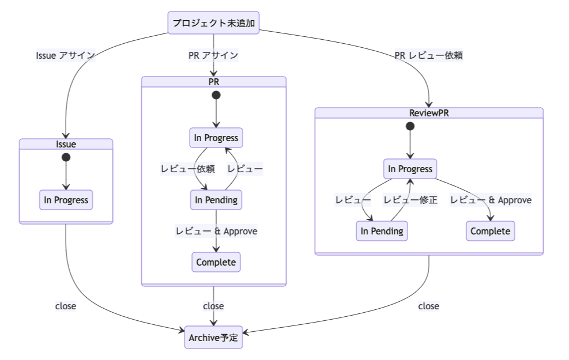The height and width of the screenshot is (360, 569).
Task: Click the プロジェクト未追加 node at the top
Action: tap(213, 23)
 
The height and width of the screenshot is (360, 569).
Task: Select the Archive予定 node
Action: tap(213, 338)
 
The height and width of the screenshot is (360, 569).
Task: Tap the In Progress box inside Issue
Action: tap(66, 200)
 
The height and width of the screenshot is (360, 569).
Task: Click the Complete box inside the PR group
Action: tap(216, 262)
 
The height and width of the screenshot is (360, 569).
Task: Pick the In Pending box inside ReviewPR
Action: tap(382, 231)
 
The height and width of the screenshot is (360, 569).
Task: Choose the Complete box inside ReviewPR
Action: tap(490, 231)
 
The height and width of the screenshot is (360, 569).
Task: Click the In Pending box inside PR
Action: tap(216, 200)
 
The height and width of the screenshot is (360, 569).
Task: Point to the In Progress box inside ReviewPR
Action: tap(410, 169)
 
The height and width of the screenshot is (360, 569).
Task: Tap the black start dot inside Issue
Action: tap(66, 157)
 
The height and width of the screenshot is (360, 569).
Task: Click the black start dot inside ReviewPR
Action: tap(410, 126)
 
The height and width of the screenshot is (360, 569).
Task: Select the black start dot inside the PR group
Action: tap(216, 95)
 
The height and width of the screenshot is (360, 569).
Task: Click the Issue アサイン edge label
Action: tap(65, 55)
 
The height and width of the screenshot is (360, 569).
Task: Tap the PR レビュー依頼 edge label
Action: tap(428, 55)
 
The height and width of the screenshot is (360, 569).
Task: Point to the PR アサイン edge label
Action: tap(213, 55)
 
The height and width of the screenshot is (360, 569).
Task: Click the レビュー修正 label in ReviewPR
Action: tap(410, 200)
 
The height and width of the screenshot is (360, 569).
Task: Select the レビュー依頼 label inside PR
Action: tap(187, 169)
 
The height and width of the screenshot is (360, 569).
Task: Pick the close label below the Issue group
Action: tap(66, 306)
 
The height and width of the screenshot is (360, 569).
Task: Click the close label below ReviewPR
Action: tap(428, 306)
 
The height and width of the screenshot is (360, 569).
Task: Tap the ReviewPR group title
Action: tap(428, 113)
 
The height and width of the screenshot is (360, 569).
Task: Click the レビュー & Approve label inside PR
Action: tap(216, 231)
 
